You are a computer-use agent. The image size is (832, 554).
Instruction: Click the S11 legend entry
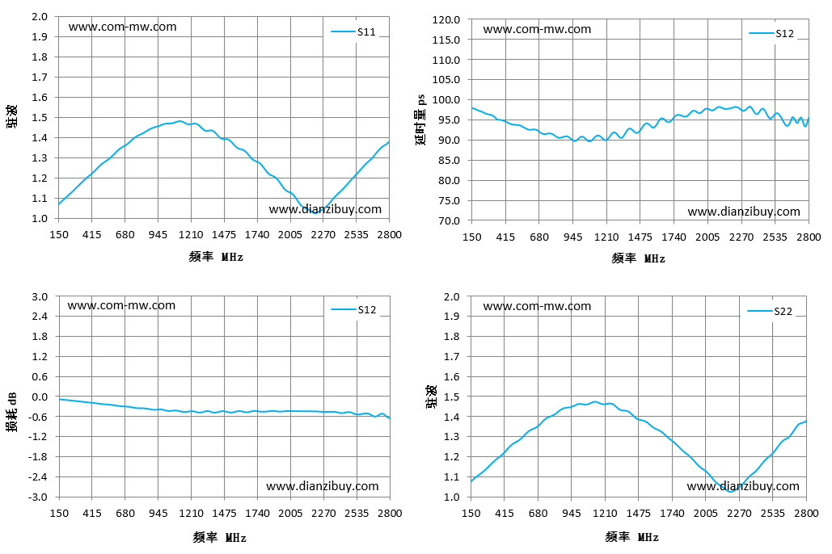(x=353, y=31)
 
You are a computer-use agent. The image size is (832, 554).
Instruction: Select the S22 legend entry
(x=770, y=311)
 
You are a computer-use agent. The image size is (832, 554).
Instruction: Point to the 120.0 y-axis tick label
(x=446, y=19)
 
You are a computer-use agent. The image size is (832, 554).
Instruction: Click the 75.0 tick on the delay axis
(x=449, y=200)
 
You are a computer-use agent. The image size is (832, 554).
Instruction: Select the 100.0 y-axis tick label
(x=446, y=99)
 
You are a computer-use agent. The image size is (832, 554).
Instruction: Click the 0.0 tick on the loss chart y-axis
(x=40, y=397)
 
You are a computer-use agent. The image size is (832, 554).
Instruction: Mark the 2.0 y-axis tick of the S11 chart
(x=40, y=16)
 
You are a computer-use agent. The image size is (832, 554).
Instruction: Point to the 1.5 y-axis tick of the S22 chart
(x=451, y=397)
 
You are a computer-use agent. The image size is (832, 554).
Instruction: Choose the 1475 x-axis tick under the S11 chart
(x=224, y=234)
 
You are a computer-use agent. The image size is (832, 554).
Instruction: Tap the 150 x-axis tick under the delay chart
(x=471, y=237)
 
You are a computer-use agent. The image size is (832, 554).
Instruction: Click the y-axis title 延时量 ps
(x=420, y=120)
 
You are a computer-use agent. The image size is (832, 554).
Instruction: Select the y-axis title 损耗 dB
(x=11, y=413)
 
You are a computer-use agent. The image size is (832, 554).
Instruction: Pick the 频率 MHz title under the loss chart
(x=220, y=538)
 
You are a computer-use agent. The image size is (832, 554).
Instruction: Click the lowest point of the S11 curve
(x=316, y=212)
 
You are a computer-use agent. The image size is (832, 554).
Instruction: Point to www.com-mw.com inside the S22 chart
(x=537, y=306)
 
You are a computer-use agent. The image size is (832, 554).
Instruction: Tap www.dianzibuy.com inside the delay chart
(x=744, y=212)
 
